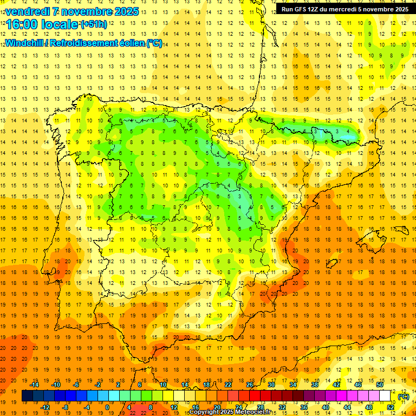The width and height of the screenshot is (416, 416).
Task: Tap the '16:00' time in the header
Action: point(21,24)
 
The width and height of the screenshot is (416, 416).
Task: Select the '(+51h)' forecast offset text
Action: point(94,24)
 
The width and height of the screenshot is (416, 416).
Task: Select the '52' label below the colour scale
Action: point(391,407)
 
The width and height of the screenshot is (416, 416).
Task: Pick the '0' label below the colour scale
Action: point(108,407)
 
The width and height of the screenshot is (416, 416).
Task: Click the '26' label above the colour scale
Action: point(250,385)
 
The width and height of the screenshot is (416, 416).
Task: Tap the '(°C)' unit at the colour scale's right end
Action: point(404,396)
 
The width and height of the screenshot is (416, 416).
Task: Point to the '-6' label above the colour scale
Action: point(76,385)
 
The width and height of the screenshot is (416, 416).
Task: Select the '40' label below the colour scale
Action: point(325,407)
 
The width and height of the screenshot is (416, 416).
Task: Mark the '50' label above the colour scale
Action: point(379,385)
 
